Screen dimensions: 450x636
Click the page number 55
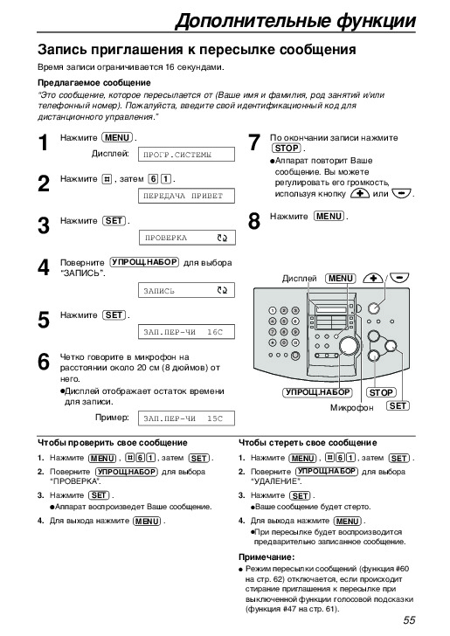coord(409,620)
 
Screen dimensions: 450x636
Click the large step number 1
coord(44,143)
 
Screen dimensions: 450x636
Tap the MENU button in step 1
coord(117,138)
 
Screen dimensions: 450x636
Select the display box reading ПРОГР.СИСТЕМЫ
coord(187,155)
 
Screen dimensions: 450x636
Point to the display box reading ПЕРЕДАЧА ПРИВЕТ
coord(187,196)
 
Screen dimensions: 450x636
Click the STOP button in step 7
coord(287,149)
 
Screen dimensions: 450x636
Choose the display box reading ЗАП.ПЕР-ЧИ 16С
coord(187,332)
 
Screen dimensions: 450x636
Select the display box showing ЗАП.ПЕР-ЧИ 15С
coord(187,418)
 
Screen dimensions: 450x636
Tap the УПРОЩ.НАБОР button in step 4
coord(144,262)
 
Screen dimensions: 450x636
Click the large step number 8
coord(254,222)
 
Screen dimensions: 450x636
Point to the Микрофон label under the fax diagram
coord(351,408)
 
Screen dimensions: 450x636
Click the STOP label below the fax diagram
coord(381,392)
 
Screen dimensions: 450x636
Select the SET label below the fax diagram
coord(398,405)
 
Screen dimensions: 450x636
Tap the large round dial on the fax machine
coord(350,346)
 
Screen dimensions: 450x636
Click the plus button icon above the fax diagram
coord(372,278)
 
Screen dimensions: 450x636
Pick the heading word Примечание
coord(267,556)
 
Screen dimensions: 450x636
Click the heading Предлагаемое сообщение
coord(94,83)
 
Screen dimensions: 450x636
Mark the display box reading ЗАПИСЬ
coord(187,290)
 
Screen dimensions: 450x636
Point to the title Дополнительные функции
coord(295,20)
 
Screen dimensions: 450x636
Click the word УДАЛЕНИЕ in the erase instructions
coord(276,481)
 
